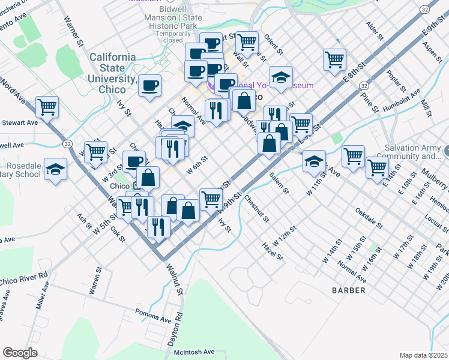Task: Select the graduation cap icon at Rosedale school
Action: coord(55,169)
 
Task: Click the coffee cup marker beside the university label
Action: coord(149,85)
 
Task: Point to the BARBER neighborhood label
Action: coord(348,290)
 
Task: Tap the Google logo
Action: coord(20,353)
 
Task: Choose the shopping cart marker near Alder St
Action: coord(334,59)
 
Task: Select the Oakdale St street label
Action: coord(369,219)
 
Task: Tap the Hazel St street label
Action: coord(272,251)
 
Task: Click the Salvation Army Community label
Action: coord(414,152)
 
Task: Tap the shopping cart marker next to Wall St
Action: coord(247,43)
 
